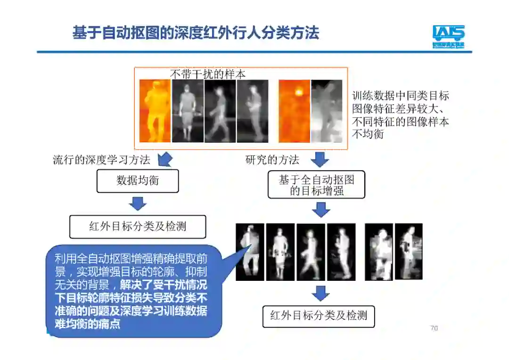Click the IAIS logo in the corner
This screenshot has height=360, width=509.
(448, 36)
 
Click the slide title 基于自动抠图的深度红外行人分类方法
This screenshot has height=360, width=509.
(196, 33)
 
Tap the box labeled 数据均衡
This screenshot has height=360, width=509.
(138, 181)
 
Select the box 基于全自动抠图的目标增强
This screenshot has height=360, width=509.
(316, 185)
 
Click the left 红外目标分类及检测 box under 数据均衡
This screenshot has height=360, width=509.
(138, 227)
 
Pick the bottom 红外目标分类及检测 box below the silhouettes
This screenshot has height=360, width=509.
(318, 316)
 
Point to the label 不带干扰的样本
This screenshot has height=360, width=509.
(208, 74)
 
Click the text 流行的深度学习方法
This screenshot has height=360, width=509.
(101, 160)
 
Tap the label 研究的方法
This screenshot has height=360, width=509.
(272, 160)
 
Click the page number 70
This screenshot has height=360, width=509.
(434, 328)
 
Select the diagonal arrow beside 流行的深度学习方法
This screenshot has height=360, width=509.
(165, 159)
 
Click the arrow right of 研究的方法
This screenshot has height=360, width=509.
(320, 159)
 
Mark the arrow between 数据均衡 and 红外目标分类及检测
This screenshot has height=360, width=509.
(138, 204)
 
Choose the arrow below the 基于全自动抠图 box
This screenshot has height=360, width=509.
(321, 209)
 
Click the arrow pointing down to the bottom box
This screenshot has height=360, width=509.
(320, 294)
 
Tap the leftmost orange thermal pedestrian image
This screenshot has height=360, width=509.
(155, 111)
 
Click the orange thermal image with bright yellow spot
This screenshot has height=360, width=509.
(294, 111)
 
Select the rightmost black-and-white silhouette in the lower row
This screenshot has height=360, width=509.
(408, 251)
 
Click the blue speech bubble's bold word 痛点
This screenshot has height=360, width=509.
(111, 324)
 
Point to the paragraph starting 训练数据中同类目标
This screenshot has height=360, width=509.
(401, 115)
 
